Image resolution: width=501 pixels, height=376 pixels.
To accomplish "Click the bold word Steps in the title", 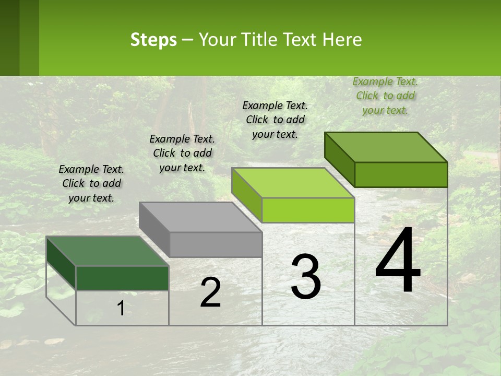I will pos(153,40).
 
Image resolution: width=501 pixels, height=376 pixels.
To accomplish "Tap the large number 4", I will pos(398,261).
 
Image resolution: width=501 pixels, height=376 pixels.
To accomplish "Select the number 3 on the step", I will pos(306,277).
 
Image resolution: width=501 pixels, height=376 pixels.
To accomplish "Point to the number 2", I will pos(210,292).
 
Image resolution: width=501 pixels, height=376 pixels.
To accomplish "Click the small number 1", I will pos(121,309).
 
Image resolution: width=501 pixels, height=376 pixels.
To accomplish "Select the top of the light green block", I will pos(293,183).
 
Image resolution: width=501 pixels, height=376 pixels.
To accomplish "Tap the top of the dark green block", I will pos(108,251).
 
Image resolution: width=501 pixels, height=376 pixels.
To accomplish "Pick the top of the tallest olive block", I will pos(386,147).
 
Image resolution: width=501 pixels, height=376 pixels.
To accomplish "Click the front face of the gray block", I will pos(216,244).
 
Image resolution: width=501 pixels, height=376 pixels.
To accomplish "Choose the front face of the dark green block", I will pos(122,278).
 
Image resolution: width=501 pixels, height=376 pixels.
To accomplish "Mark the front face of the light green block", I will pos(308,210).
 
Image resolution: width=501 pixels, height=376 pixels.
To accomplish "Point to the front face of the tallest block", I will pos(401,174).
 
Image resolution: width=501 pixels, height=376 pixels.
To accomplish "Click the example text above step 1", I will pos(91,183).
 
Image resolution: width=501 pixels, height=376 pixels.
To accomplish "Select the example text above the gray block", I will pos(182,153).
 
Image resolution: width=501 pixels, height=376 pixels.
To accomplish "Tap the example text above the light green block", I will pos(275,120).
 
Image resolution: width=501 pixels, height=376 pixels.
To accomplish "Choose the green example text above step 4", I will pos(385,96).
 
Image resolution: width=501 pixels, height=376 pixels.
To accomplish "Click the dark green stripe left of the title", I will pos(9,38).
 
